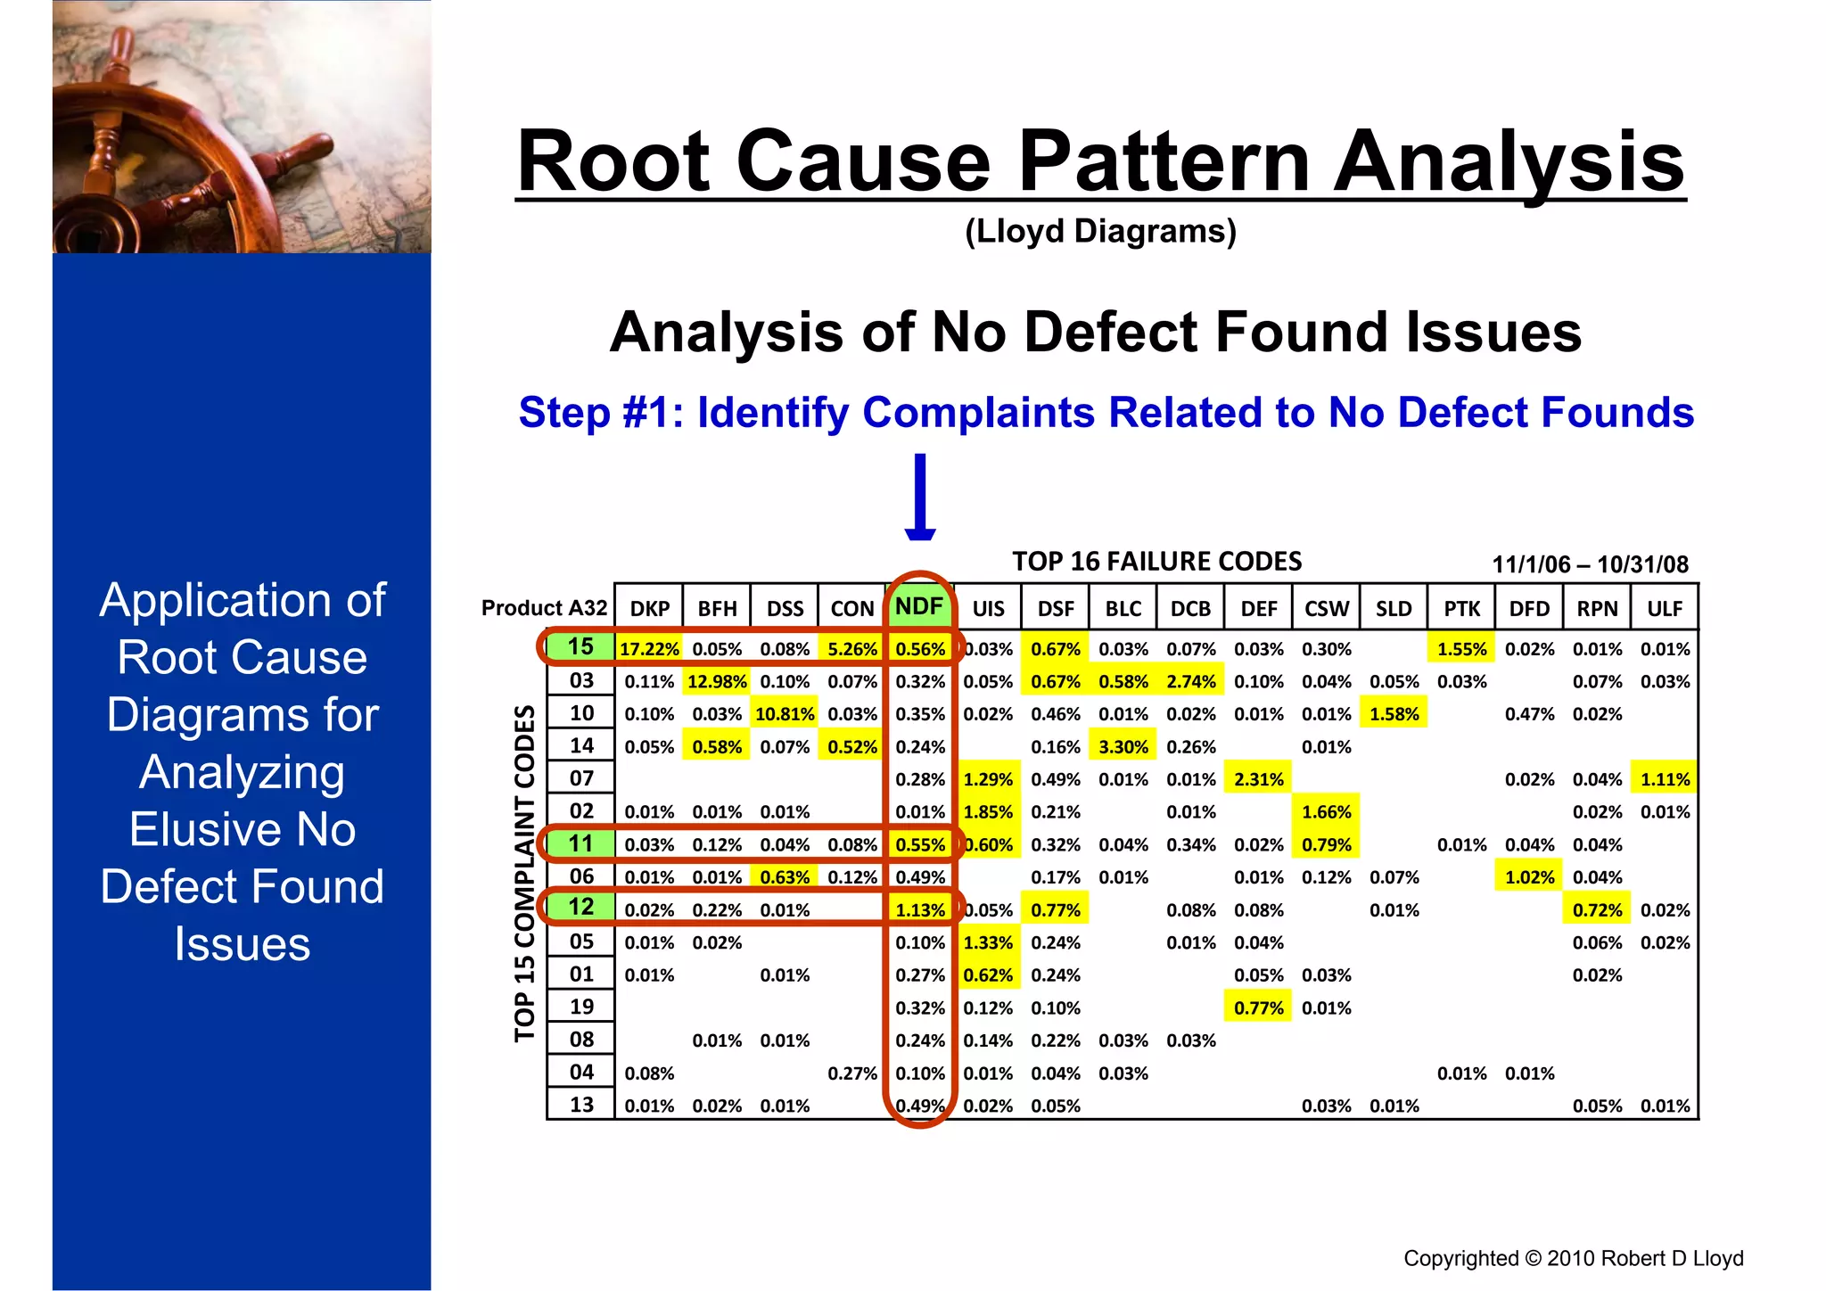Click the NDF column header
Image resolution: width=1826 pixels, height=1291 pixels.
[919, 607]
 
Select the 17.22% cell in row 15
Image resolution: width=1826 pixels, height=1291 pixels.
[649, 649]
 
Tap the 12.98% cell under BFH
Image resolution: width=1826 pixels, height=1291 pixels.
[717, 682]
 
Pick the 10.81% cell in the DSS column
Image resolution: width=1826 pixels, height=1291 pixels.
[785, 714]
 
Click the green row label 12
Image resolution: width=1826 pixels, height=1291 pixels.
[580, 907]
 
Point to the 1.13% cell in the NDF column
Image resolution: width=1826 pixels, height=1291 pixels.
[919, 910]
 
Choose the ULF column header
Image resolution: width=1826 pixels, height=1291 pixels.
[1664, 609]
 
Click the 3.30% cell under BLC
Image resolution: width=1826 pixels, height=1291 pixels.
[1123, 747]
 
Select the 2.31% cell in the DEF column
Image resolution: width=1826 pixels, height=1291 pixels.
[1258, 779]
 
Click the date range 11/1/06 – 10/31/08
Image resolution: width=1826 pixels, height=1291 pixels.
[1590, 564]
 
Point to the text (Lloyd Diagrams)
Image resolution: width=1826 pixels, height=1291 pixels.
[1100, 231]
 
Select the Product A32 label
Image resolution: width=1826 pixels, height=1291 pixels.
[544, 608]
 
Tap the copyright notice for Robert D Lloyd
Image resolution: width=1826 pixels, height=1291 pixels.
[1573, 1258]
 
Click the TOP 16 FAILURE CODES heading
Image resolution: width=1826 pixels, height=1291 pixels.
[1156, 562]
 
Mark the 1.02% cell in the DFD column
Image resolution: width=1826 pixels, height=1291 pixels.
[1528, 877]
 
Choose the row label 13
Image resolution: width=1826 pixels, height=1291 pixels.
[581, 1105]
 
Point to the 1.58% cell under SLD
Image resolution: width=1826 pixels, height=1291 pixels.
[1394, 714]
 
